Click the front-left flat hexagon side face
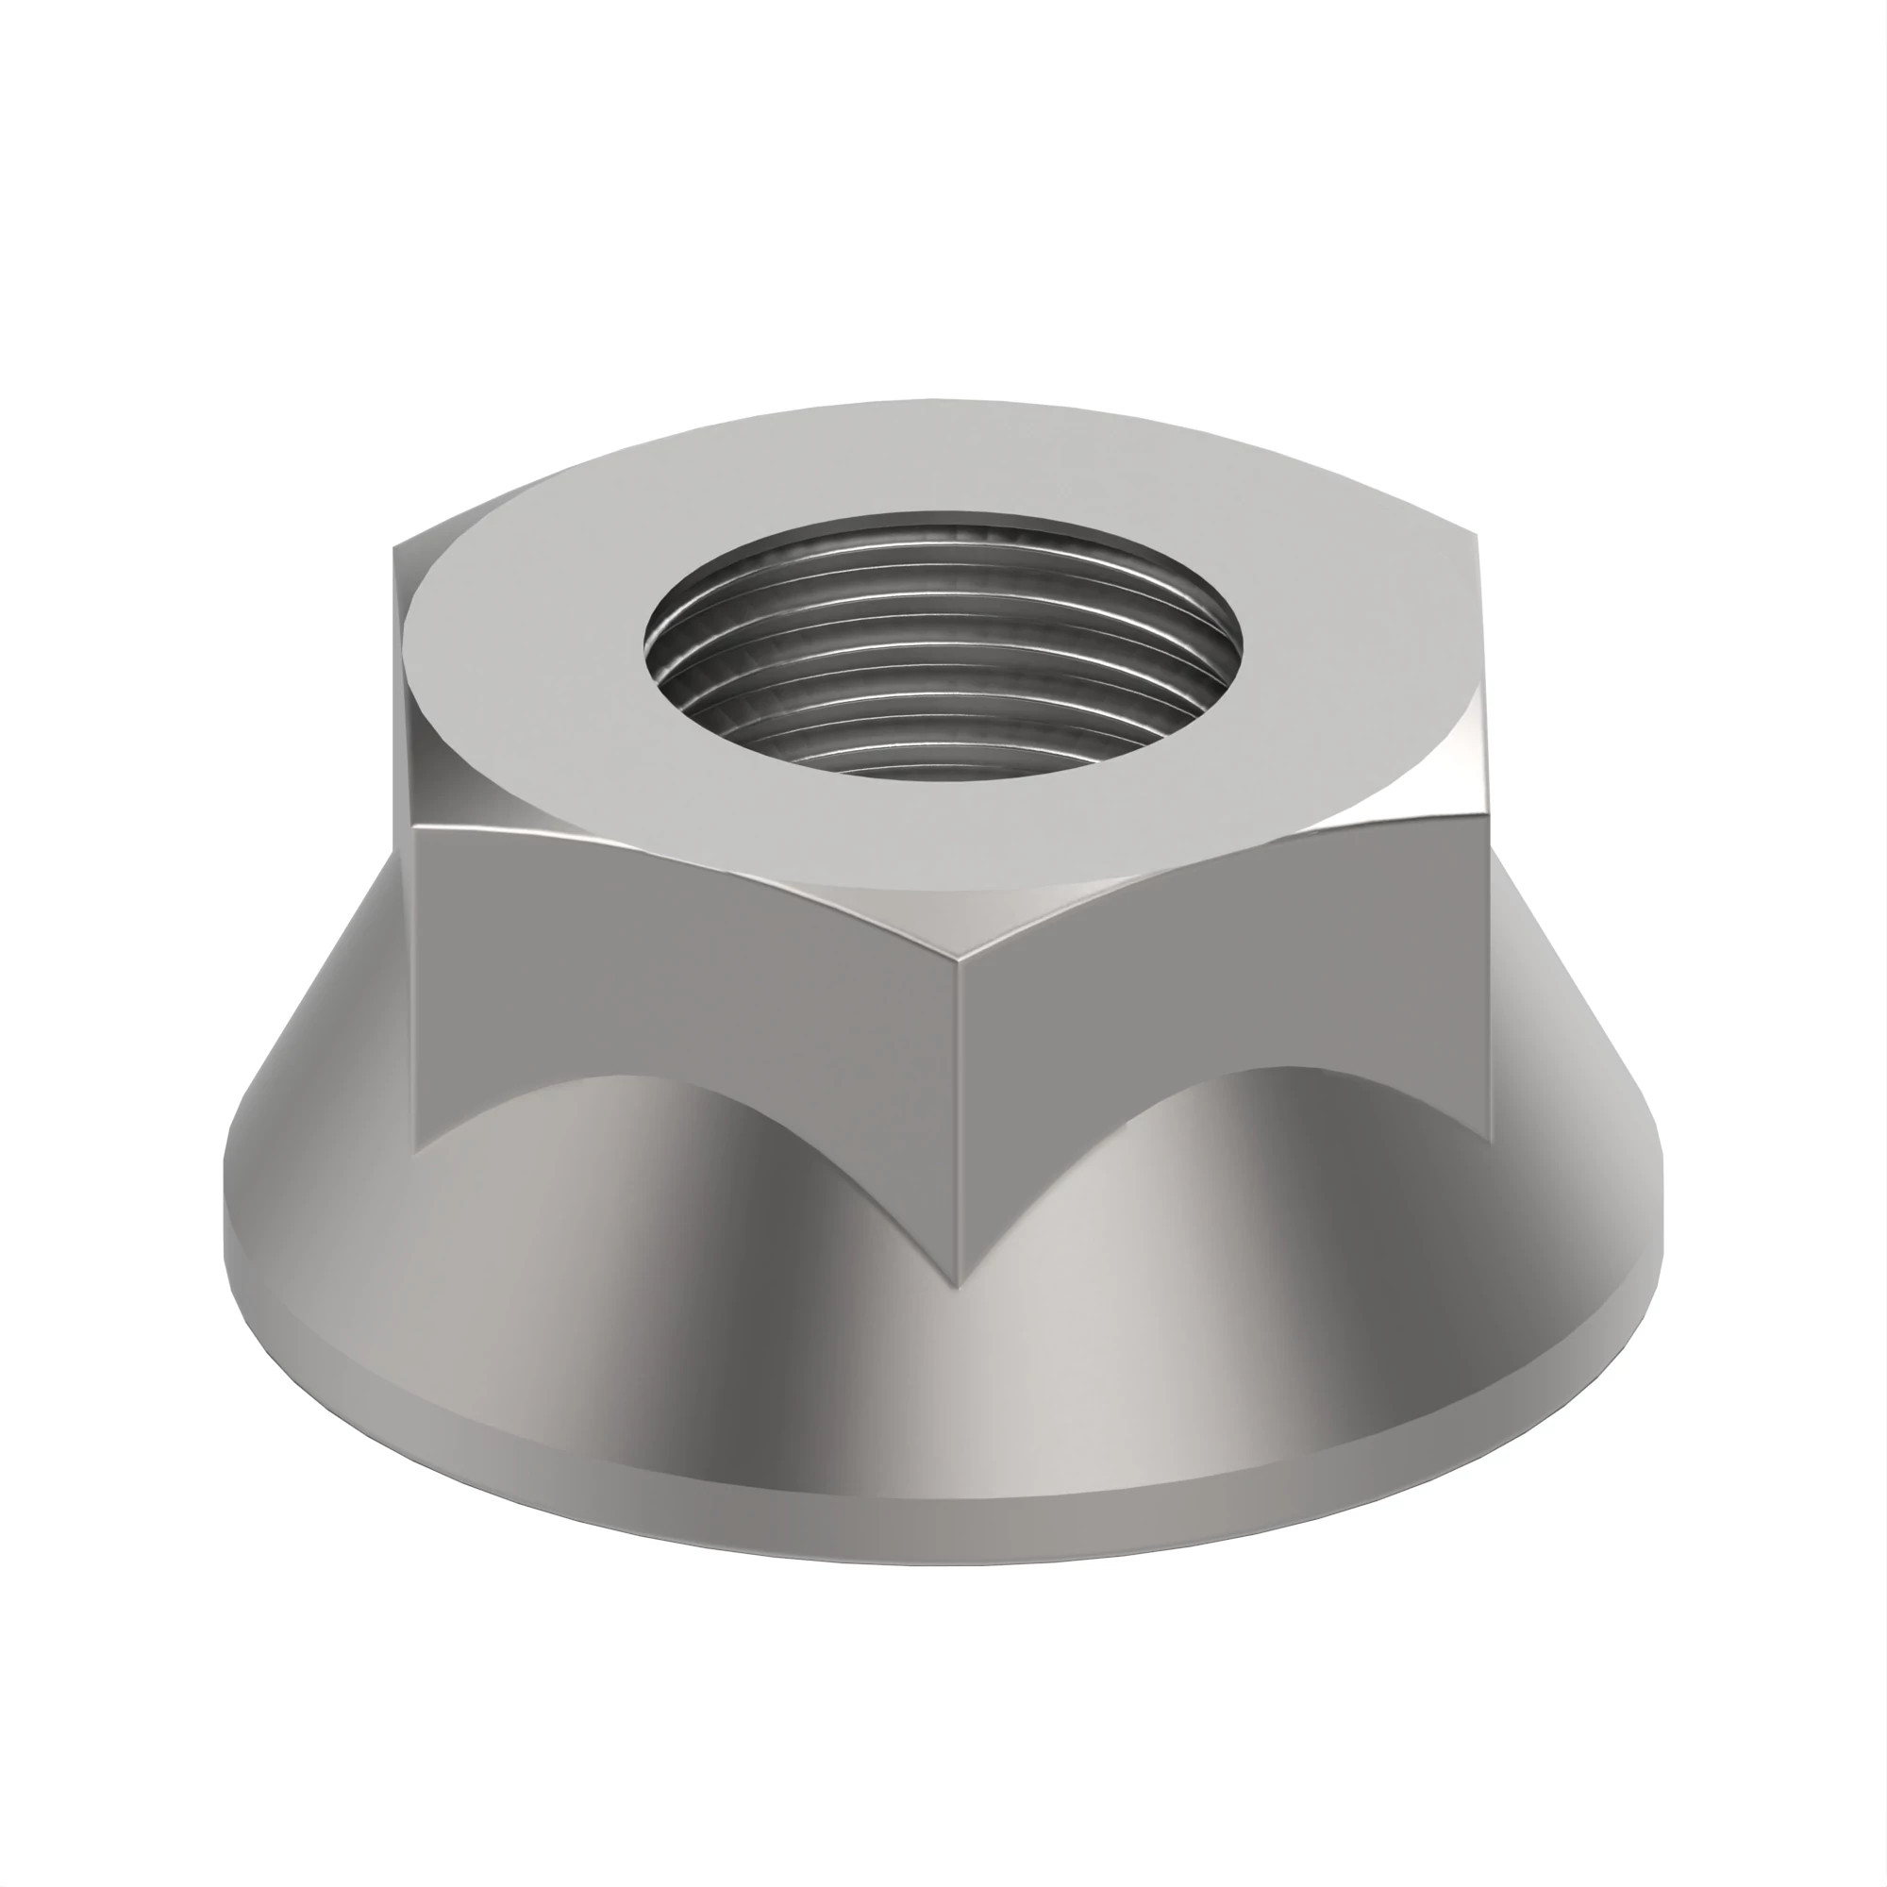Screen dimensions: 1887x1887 pyautogui.click(x=684, y=977)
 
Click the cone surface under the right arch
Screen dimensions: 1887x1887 pyautogui.click(x=1289, y=1270)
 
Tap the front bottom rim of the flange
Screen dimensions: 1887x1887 pyautogui.click(x=943, y=1519)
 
